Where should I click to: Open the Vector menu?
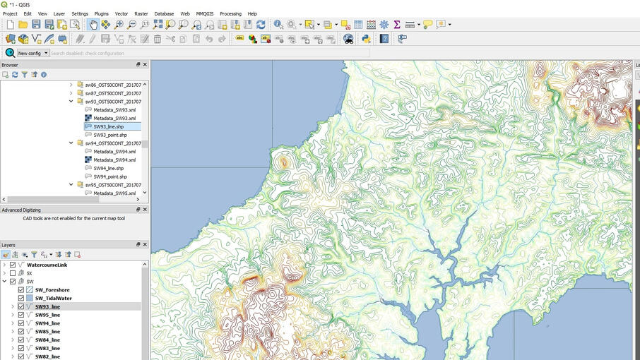coord(122,13)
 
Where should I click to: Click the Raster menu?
coord(141,13)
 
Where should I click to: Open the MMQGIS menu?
coord(204,13)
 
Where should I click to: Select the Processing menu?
coord(230,13)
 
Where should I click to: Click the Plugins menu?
coord(101,13)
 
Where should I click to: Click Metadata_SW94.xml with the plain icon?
coord(114,151)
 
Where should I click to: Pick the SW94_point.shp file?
coord(110,176)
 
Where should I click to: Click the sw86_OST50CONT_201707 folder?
coord(112,85)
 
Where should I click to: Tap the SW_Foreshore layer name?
coord(52,290)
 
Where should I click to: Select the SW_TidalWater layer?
coord(53,299)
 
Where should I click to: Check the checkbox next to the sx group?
coord(13,273)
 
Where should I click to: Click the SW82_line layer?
coord(47,356)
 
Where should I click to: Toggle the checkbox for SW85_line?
coord(21,332)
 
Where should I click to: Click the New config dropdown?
coord(32,53)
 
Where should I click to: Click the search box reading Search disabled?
coord(208,53)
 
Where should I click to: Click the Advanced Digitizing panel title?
coord(21,210)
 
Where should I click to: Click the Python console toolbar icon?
coord(367,39)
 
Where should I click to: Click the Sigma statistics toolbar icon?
coord(397,24)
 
